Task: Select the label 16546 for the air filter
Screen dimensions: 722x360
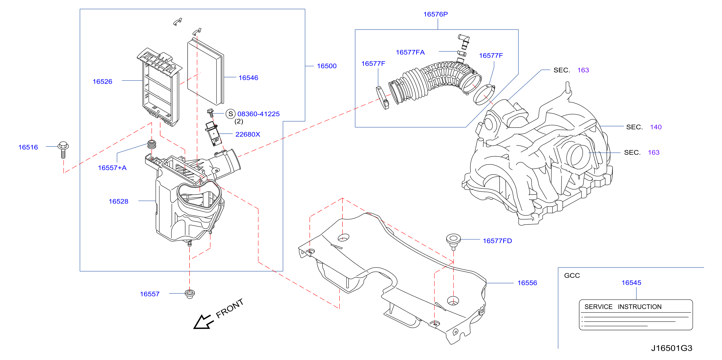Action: [248, 78]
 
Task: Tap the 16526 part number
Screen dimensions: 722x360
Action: [102, 82]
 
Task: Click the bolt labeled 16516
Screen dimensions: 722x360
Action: [63, 150]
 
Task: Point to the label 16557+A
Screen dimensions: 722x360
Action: [112, 168]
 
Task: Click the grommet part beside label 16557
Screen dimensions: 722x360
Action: [190, 294]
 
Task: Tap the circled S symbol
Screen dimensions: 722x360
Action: [230, 114]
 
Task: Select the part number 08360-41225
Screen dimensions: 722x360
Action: [258, 114]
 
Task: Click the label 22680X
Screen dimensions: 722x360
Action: [248, 134]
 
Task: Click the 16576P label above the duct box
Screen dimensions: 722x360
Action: [436, 14]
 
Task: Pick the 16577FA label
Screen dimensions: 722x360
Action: [410, 52]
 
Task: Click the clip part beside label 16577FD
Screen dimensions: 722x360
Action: [453, 241]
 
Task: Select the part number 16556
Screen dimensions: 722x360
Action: [527, 283]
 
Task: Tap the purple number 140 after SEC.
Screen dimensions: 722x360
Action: [656, 127]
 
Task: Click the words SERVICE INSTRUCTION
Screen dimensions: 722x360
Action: [623, 307]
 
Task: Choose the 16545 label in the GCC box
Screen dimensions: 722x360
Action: [631, 283]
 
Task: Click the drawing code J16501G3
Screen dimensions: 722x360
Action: [672, 348]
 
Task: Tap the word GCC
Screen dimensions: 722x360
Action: [572, 276]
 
